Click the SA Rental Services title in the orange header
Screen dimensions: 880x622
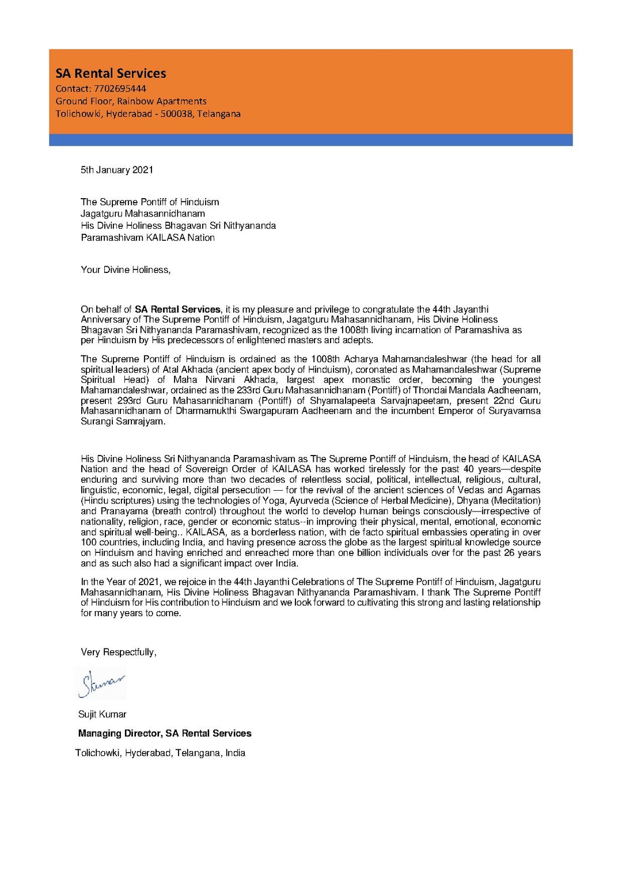[111, 73]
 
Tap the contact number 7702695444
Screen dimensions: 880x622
[120, 89]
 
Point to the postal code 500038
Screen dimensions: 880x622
[176, 114]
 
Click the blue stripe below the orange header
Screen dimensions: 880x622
[310, 140]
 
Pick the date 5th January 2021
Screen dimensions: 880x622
[117, 170]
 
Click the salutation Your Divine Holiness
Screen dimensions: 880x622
[126, 270]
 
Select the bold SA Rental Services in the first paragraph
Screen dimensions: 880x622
[177, 309]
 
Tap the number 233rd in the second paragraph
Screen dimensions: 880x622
[248, 390]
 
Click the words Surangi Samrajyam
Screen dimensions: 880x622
[123, 421]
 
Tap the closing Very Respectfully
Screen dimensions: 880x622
[119, 652]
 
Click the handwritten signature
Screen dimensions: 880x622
[102, 684]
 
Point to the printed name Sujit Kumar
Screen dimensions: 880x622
[103, 714]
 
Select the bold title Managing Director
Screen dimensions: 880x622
[119, 733]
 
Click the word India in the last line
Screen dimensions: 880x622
[235, 753]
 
